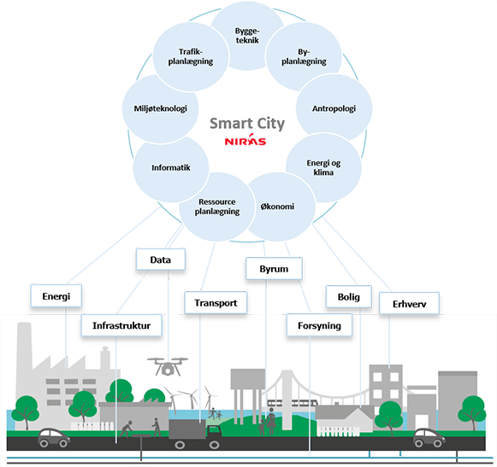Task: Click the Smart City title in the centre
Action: point(247,124)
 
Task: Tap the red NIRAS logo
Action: point(246,139)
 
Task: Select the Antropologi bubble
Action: point(334,108)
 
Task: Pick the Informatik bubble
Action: point(171,167)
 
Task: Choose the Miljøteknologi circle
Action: point(160,108)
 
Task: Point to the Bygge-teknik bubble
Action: point(247,36)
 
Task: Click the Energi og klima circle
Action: point(323,167)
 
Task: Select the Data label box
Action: point(160,260)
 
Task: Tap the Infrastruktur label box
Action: point(121,325)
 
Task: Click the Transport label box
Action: point(216,303)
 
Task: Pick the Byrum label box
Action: point(274,269)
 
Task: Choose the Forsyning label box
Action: point(319,325)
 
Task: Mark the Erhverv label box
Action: point(409,304)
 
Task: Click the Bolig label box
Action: point(349,296)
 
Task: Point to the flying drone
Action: point(168,366)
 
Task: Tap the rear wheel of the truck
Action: point(180,445)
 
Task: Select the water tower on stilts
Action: point(247,395)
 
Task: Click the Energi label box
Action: point(56,296)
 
